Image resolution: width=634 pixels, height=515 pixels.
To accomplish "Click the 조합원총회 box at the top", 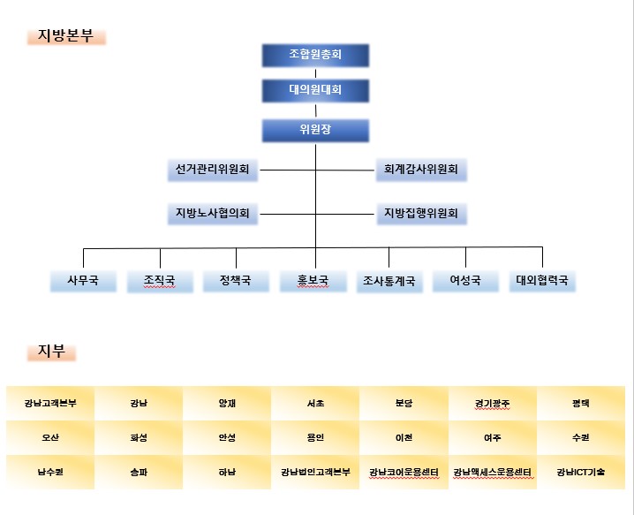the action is (315, 56).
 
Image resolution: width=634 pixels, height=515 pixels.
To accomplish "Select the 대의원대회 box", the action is (315, 91).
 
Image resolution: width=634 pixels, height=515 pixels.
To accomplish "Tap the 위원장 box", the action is (315, 130).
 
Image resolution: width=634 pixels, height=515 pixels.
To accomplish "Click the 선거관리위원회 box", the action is (213, 170).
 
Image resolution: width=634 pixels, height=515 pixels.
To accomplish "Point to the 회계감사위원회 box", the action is (421, 170).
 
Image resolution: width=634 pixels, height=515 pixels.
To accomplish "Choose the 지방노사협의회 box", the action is (213, 214).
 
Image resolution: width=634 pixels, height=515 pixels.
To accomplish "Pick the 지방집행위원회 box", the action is (422, 214).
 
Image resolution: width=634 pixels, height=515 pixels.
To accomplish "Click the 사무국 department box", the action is (83, 281).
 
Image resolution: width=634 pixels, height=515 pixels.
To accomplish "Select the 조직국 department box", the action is (160, 281).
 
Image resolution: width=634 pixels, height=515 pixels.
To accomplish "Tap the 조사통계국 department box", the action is (389, 281).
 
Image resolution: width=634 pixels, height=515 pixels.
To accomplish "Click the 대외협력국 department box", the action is (543, 281).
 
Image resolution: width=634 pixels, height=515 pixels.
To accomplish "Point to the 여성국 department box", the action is (466, 281).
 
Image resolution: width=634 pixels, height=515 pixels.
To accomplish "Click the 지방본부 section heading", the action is (66, 36).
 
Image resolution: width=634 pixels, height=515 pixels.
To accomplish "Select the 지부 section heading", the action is (51, 352).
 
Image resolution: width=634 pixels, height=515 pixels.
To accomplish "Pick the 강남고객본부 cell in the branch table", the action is (50, 404).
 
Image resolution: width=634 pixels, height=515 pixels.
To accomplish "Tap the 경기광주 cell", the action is (493, 404).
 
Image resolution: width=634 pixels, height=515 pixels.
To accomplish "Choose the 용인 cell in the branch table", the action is (315, 438).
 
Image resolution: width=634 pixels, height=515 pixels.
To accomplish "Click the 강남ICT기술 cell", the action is (581, 472).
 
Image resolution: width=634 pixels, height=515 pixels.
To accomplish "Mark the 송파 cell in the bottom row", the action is (139, 472).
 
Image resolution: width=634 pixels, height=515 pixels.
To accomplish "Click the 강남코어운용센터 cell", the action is (404, 472).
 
